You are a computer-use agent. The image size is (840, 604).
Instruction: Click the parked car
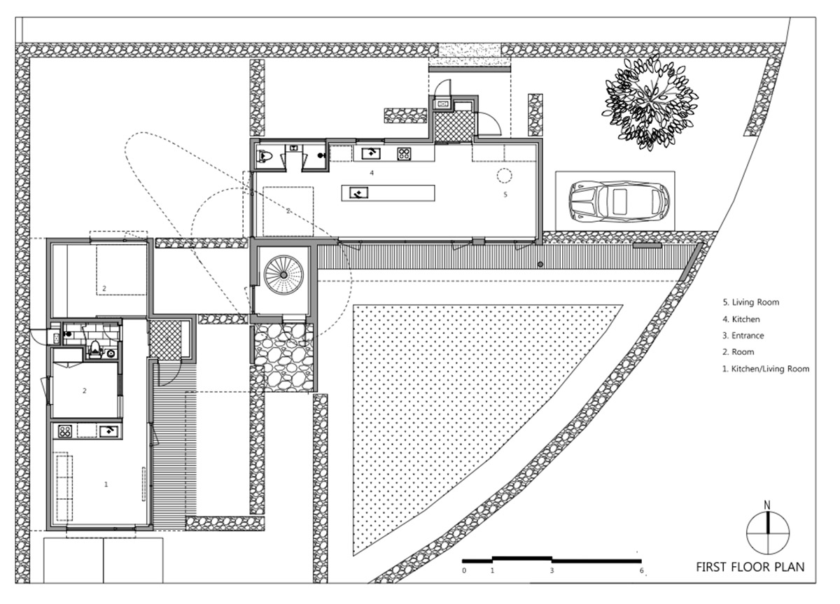point(619,202)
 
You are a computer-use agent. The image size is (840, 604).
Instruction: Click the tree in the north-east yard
point(650,102)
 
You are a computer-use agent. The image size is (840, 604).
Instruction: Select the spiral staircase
point(283,275)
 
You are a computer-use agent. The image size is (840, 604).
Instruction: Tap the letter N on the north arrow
point(767,505)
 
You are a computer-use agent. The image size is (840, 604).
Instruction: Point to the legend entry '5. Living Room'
point(750,302)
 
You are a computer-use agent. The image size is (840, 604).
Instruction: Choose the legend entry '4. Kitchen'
point(741,319)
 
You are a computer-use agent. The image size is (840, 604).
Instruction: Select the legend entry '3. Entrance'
point(743,335)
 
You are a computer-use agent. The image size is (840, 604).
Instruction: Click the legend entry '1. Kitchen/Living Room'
point(765,369)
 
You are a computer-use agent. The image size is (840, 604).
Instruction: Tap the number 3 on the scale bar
point(552,570)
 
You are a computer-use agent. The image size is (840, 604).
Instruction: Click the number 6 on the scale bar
point(642,570)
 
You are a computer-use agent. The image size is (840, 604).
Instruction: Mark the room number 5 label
point(505,194)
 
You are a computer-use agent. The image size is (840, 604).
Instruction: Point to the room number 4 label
point(372,173)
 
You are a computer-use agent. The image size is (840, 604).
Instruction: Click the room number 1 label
point(106,484)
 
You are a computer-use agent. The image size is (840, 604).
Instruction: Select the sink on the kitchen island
point(358,193)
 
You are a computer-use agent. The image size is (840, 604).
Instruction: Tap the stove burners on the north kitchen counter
point(405,154)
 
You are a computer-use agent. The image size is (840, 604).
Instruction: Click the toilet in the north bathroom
point(265,155)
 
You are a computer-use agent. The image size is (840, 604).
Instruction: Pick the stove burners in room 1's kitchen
point(65,432)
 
